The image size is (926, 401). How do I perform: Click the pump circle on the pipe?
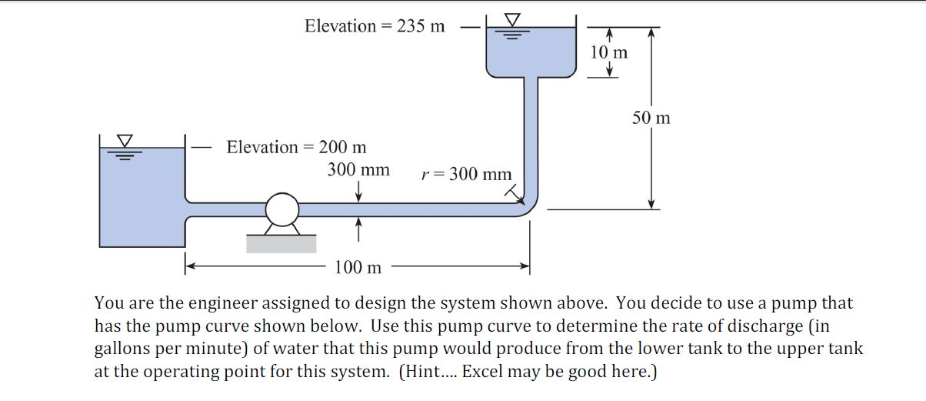click(282, 209)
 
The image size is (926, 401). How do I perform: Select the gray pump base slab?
click(281, 243)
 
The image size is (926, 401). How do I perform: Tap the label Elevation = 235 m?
click(375, 26)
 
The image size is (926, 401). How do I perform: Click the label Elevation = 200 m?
click(296, 147)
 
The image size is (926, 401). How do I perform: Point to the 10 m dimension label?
click(608, 52)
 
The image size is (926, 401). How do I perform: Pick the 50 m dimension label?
click(651, 118)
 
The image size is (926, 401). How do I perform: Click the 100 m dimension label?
click(358, 268)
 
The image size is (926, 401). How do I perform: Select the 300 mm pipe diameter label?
click(358, 169)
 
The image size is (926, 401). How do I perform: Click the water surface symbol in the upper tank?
click(511, 24)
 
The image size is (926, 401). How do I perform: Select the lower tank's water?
click(142, 200)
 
